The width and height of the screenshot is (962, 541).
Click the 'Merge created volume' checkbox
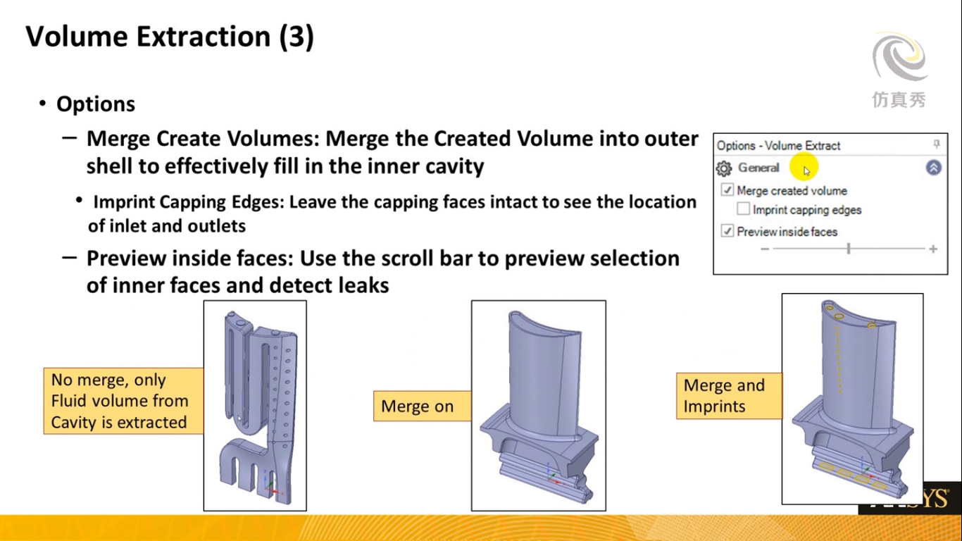click(x=727, y=190)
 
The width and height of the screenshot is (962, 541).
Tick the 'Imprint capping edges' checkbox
click(x=743, y=209)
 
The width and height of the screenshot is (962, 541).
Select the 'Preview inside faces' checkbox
click(x=727, y=231)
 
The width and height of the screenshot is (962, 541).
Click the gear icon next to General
click(x=724, y=168)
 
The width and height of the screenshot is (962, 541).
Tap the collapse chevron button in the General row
click(x=933, y=168)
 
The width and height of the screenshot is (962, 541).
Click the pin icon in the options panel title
click(x=937, y=144)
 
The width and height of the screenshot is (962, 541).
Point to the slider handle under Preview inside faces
click(x=849, y=249)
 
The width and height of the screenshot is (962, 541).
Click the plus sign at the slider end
click(x=933, y=249)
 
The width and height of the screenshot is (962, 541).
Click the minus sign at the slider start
click(x=765, y=249)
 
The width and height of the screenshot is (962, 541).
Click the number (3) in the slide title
click(x=296, y=37)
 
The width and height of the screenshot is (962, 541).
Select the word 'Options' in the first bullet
click(x=96, y=104)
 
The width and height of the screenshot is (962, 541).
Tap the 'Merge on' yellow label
click(x=423, y=406)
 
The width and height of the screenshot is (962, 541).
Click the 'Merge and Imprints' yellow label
click(x=729, y=396)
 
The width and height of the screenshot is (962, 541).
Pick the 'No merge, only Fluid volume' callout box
click(x=124, y=401)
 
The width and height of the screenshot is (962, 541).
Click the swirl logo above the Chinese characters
click(x=900, y=58)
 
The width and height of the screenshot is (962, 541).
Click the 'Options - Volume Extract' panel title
click(x=778, y=146)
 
